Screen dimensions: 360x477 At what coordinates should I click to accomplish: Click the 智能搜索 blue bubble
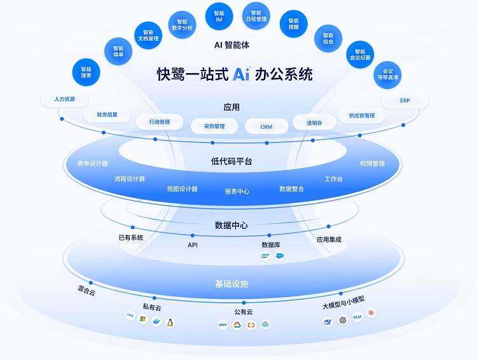pos(86,71)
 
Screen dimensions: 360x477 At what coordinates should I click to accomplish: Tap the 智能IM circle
pos(219,17)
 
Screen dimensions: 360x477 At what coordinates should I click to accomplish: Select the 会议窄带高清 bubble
pos(387,74)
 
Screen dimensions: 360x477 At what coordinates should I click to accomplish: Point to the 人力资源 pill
pos(64,99)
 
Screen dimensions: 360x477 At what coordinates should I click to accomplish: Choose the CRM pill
pos(266,127)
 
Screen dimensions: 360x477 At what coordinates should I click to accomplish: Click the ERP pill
pos(405,100)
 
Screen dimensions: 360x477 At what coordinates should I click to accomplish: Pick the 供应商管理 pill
pos(357,116)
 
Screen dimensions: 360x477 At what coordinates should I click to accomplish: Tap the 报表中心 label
pos(237,191)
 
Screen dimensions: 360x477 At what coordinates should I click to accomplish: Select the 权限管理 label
pos(372,163)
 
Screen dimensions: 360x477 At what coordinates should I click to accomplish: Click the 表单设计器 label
pos(92,163)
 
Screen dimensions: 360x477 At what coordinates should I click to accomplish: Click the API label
pos(193,245)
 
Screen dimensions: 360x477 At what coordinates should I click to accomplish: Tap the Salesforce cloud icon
pos(280,256)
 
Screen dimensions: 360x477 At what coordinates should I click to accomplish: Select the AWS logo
pos(223,325)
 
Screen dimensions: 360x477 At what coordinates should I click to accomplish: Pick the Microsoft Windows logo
pos(143,317)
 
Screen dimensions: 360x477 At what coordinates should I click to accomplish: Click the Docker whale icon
pos(156,321)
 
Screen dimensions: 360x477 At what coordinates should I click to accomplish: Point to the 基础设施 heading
pos(232,284)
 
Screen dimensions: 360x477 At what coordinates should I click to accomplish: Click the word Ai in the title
pos(241,74)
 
